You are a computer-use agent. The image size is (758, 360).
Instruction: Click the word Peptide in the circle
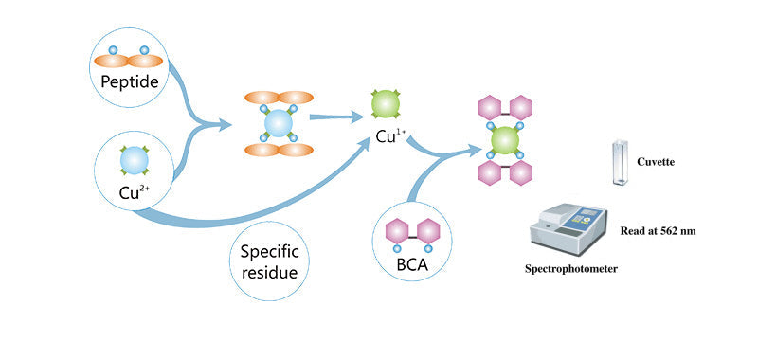(x=130, y=82)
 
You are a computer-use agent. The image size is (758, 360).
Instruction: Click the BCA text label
(x=414, y=264)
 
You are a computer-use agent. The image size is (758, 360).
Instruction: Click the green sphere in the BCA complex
(x=506, y=140)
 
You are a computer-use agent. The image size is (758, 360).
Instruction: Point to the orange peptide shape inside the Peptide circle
(x=130, y=60)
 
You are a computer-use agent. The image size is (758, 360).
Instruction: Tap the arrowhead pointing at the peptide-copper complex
(x=227, y=123)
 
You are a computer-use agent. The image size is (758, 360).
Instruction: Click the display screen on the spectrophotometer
(x=585, y=214)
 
